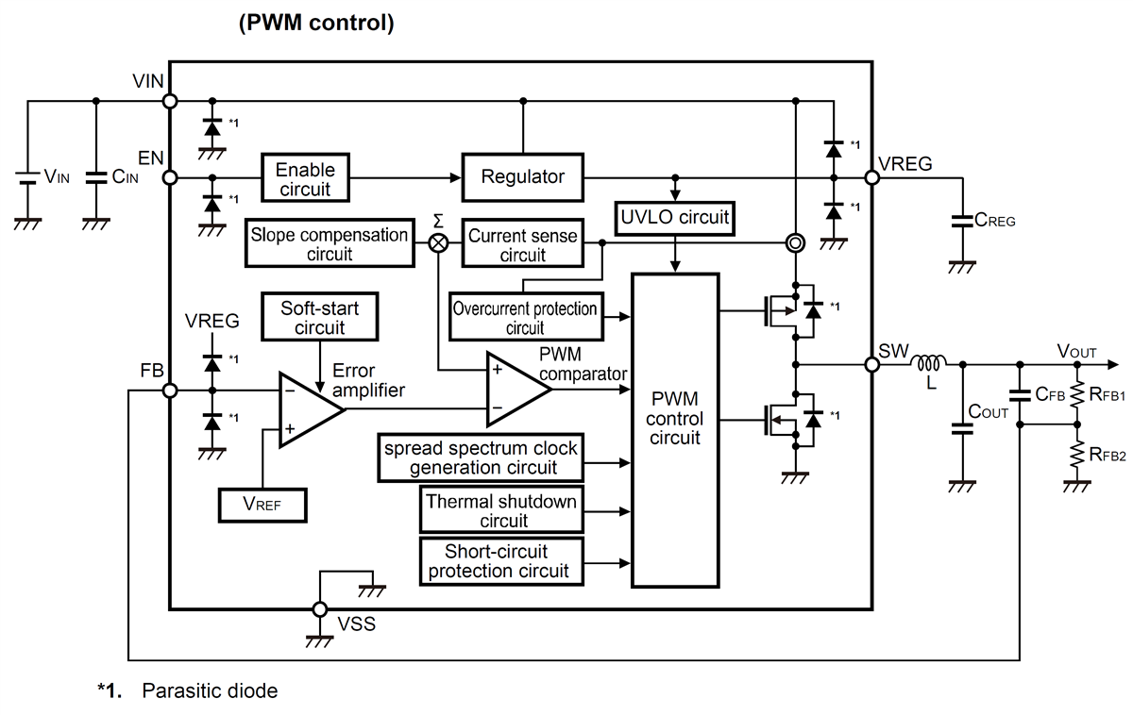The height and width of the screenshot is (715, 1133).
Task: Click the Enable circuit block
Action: (304, 177)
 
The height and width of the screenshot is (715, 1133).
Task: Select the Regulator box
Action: (522, 177)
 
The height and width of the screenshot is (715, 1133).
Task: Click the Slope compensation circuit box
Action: (329, 243)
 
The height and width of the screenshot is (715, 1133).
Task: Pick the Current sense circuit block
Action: (522, 243)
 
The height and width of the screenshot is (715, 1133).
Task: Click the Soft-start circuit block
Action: (319, 318)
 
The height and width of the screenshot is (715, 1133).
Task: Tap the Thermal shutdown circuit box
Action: (499, 510)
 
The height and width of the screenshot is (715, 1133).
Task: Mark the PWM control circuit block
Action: (675, 429)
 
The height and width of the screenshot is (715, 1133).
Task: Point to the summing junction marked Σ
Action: (439, 242)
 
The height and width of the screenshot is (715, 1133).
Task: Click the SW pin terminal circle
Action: (871, 364)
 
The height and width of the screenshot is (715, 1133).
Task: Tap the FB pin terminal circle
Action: (171, 391)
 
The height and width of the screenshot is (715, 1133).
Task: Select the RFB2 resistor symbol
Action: (1074, 456)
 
